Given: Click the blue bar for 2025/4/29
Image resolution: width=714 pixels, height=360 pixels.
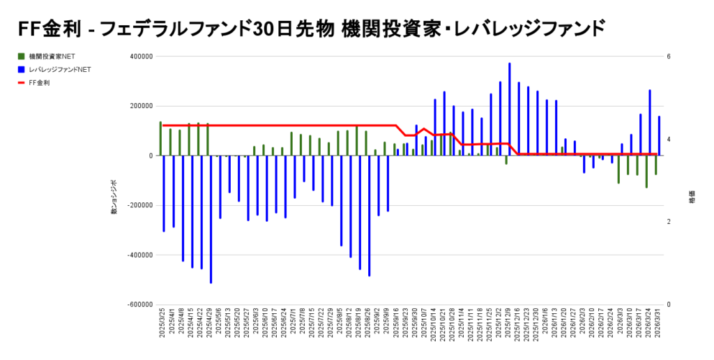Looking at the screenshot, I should click(x=211, y=219).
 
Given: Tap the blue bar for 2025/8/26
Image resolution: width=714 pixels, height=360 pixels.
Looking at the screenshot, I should click(x=370, y=216).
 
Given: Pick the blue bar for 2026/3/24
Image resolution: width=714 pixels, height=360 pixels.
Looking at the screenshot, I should click(x=650, y=123).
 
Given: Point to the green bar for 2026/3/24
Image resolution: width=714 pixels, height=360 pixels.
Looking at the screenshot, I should click(x=646, y=172).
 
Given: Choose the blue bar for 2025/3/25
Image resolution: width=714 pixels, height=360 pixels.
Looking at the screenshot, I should click(x=164, y=193).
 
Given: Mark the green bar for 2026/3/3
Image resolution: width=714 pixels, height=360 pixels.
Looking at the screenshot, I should click(x=618, y=170).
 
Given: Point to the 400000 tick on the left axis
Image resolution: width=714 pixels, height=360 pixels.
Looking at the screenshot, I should click(x=141, y=57).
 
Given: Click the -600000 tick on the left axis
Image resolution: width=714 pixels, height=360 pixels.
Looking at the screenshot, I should click(x=139, y=305).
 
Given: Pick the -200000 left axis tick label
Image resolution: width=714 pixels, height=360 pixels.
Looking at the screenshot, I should click(x=139, y=206).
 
